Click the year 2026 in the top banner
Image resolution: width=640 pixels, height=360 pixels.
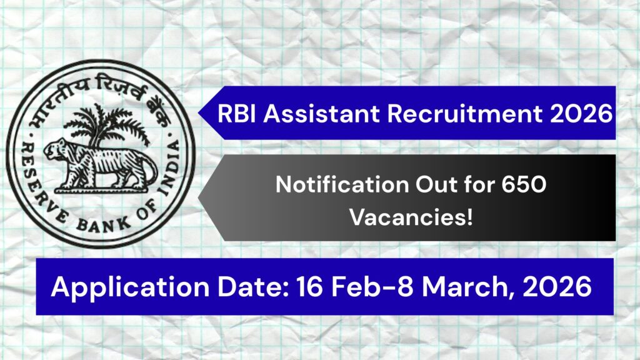(x=579, y=114)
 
